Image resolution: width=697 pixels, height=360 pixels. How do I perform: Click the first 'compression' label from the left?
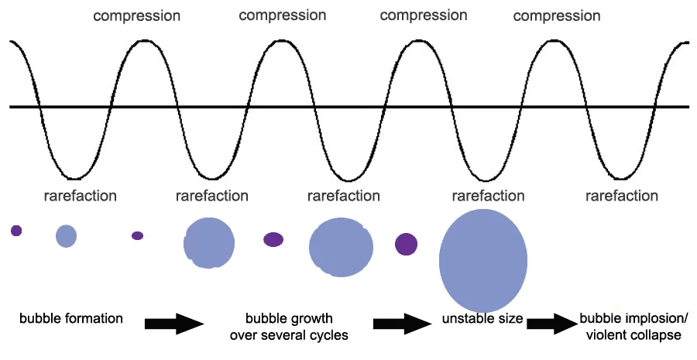[x=137, y=16]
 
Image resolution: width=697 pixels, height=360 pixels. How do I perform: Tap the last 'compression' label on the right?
[x=557, y=16]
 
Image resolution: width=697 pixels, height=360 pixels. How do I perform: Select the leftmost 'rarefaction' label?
[x=80, y=196]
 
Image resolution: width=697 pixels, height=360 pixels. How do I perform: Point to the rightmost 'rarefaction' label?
[x=621, y=196]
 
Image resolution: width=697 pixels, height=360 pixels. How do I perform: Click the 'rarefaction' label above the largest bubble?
[x=488, y=196]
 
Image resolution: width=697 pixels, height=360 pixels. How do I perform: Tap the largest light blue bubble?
[x=483, y=261]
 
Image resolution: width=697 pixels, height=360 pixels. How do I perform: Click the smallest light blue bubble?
[x=67, y=236]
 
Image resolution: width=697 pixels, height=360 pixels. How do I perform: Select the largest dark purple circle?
[x=407, y=245]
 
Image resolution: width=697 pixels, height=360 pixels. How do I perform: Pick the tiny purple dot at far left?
[x=16, y=231]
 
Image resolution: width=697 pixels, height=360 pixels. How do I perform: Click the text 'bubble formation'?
[x=71, y=318]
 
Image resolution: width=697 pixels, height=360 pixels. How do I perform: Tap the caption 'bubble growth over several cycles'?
[x=289, y=327]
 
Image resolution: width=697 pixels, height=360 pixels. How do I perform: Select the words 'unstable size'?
[x=482, y=318]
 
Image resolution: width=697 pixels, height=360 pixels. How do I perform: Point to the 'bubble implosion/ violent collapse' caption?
[x=633, y=327]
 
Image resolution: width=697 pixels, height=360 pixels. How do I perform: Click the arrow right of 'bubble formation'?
[x=174, y=324]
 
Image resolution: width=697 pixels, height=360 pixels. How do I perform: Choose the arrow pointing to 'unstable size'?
[x=402, y=324]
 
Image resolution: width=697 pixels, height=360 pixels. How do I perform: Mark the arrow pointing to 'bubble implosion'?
[x=552, y=324]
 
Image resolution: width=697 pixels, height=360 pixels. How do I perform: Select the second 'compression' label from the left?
[x=282, y=15]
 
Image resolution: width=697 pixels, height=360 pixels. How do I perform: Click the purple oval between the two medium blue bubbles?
[x=273, y=239]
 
